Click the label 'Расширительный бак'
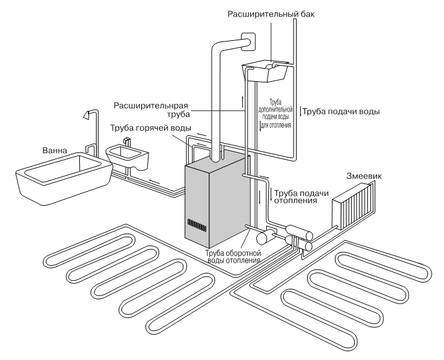click(x=266, y=14)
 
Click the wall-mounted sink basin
click(x=129, y=159)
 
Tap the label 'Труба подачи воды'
click(x=340, y=112)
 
